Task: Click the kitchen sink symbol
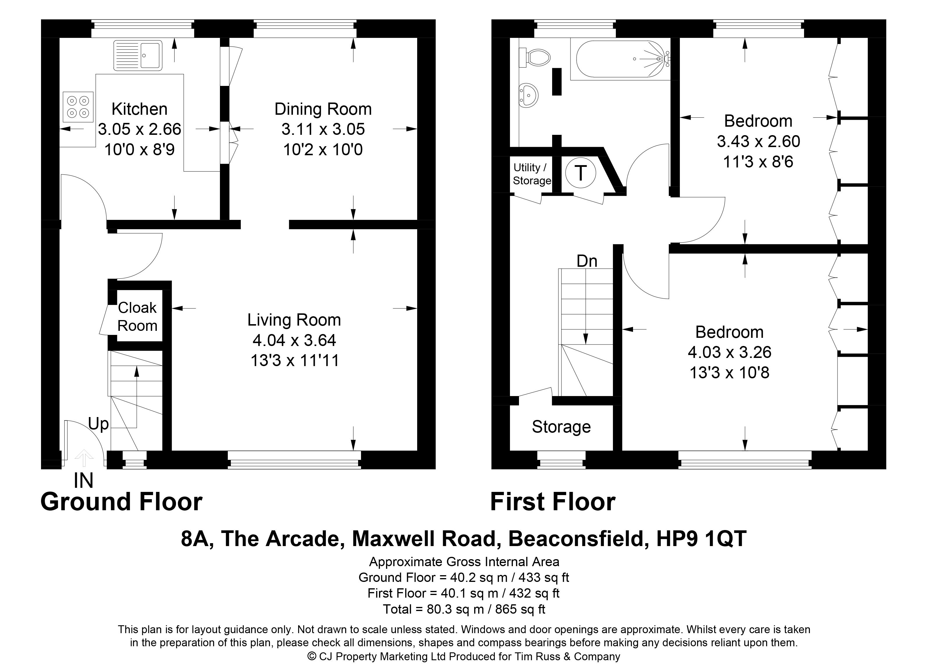tap(138, 55)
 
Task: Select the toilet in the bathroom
tap(534, 57)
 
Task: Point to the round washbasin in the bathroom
tap(528, 96)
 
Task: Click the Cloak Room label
tap(138, 316)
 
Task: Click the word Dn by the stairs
tap(587, 261)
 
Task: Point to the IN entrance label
tap(83, 481)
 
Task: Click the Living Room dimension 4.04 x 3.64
tap(294, 340)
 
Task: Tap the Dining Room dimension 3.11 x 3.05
tap(323, 129)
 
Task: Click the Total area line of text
tap(464, 609)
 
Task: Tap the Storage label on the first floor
tap(561, 427)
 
